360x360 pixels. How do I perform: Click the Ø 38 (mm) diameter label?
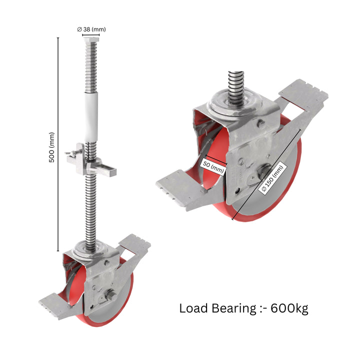pos(91,29)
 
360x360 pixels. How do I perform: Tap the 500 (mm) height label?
pos(52,150)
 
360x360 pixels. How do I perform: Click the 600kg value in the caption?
pos(289,308)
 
